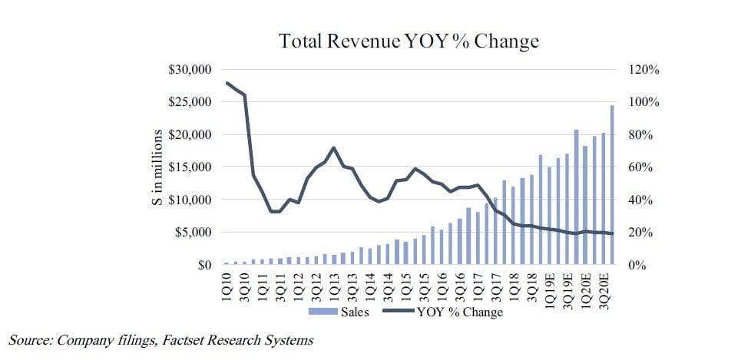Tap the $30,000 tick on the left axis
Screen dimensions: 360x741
(190, 70)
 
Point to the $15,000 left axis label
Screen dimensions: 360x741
(190, 167)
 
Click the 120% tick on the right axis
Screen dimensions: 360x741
(643, 70)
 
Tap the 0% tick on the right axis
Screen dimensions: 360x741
(637, 266)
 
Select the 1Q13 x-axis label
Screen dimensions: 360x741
(334, 285)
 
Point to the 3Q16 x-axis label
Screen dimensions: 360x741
(459, 285)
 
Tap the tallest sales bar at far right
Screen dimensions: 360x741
(612, 184)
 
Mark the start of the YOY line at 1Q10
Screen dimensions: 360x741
(227, 83)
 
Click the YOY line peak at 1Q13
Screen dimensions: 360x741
(334, 147)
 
